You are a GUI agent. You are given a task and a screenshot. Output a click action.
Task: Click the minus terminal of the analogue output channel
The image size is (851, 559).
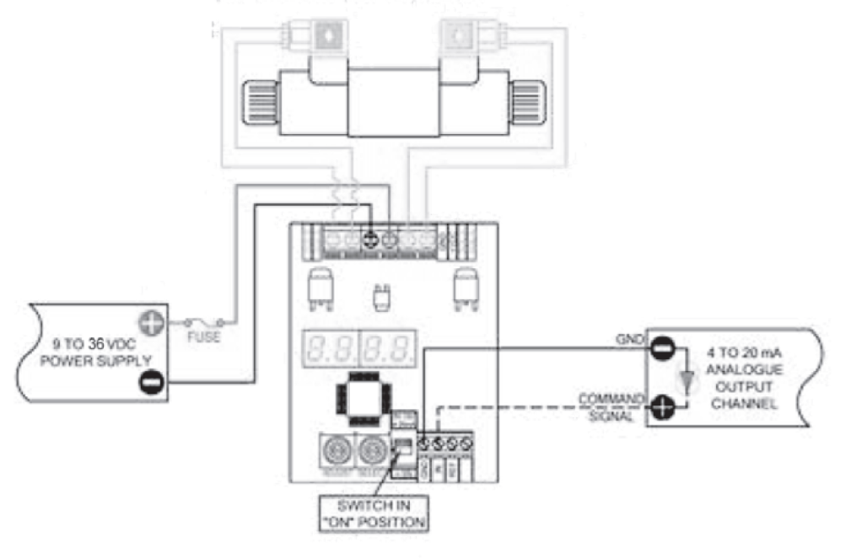tap(662, 347)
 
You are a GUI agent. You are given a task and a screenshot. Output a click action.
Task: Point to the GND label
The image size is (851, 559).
tap(632, 338)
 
